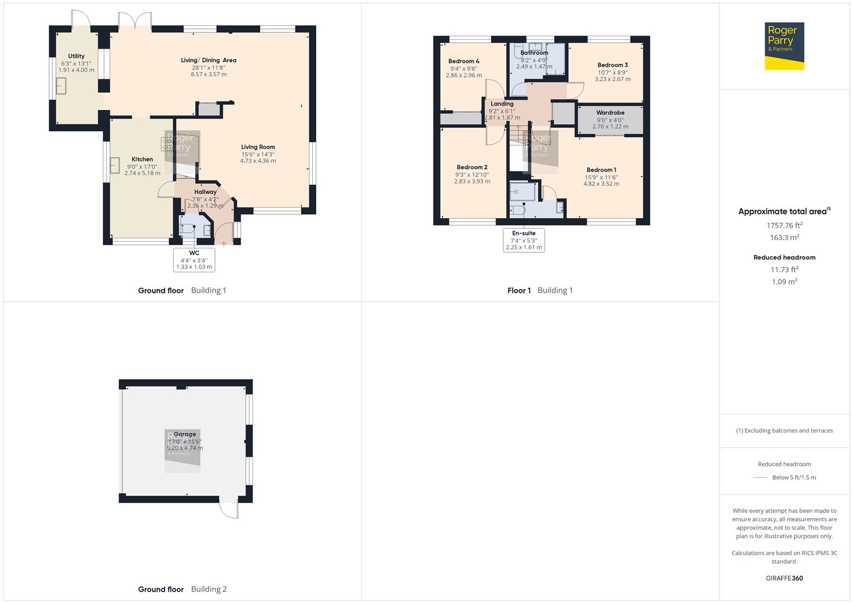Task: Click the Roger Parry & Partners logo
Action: [784, 46]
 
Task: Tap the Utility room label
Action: [77, 56]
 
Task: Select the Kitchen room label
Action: [142, 160]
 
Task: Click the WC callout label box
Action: [194, 260]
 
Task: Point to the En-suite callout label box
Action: [523, 240]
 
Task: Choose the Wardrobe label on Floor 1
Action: [610, 113]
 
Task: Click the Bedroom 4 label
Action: [464, 61]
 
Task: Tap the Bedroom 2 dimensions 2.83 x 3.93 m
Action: [472, 181]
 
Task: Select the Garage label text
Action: [184, 434]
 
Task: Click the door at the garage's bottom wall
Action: [229, 508]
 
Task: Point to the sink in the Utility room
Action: [60, 86]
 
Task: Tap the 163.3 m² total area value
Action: [784, 237]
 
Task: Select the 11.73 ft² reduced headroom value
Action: [784, 270]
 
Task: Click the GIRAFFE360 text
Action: [784, 578]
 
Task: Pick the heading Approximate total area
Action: [783, 212]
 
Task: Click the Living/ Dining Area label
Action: [208, 60]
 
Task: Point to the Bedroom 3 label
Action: [612, 65]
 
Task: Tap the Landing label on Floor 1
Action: [502, 104]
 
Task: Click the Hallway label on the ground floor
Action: [205, 192]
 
